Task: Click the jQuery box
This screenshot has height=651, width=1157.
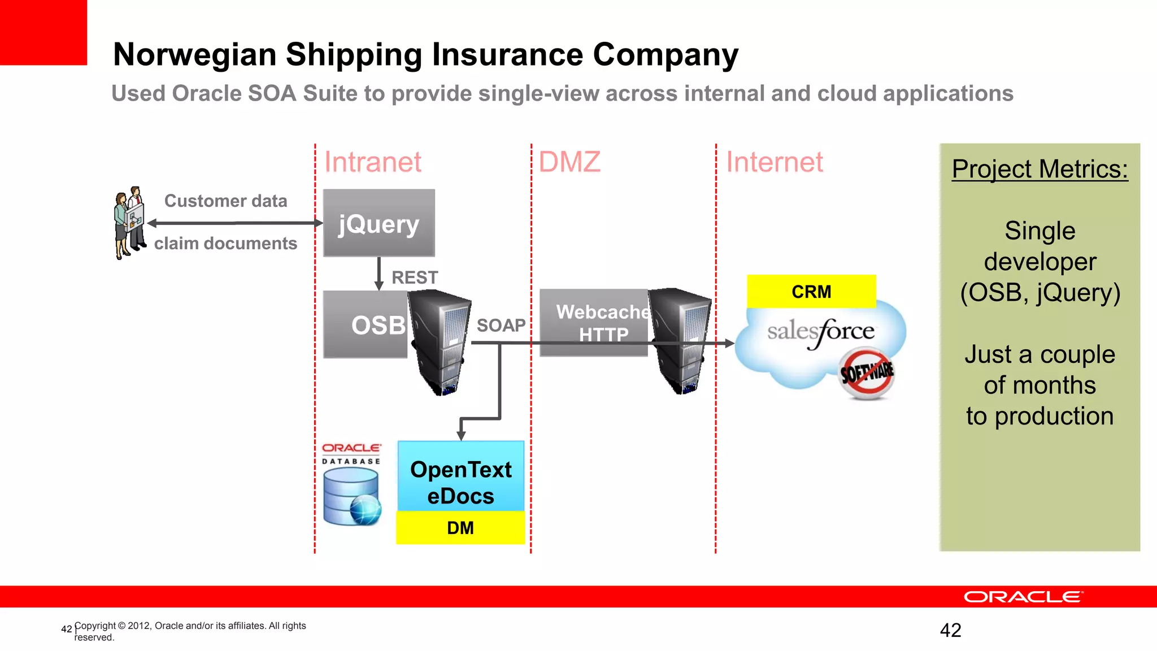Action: [379, 223]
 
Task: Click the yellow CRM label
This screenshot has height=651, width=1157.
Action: [811, 292]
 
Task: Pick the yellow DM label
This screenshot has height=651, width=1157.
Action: [460, 528]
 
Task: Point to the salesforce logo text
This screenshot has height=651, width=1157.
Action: [820, 332]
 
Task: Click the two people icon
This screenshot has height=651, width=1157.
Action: [129, 223]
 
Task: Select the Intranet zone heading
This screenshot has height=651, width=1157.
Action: [372, 162]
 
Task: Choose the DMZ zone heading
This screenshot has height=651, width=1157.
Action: [569, 162]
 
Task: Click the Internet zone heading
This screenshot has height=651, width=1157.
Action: [774, 162]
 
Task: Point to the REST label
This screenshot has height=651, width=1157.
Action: [415, 277]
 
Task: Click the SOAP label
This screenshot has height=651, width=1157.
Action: [501, 325]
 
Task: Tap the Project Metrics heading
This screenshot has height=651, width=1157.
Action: [1039, 169]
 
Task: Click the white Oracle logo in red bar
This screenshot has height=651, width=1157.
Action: [1023, 597]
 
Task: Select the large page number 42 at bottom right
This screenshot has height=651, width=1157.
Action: [950, 630]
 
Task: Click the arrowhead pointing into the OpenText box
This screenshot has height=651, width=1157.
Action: [461, 436]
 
